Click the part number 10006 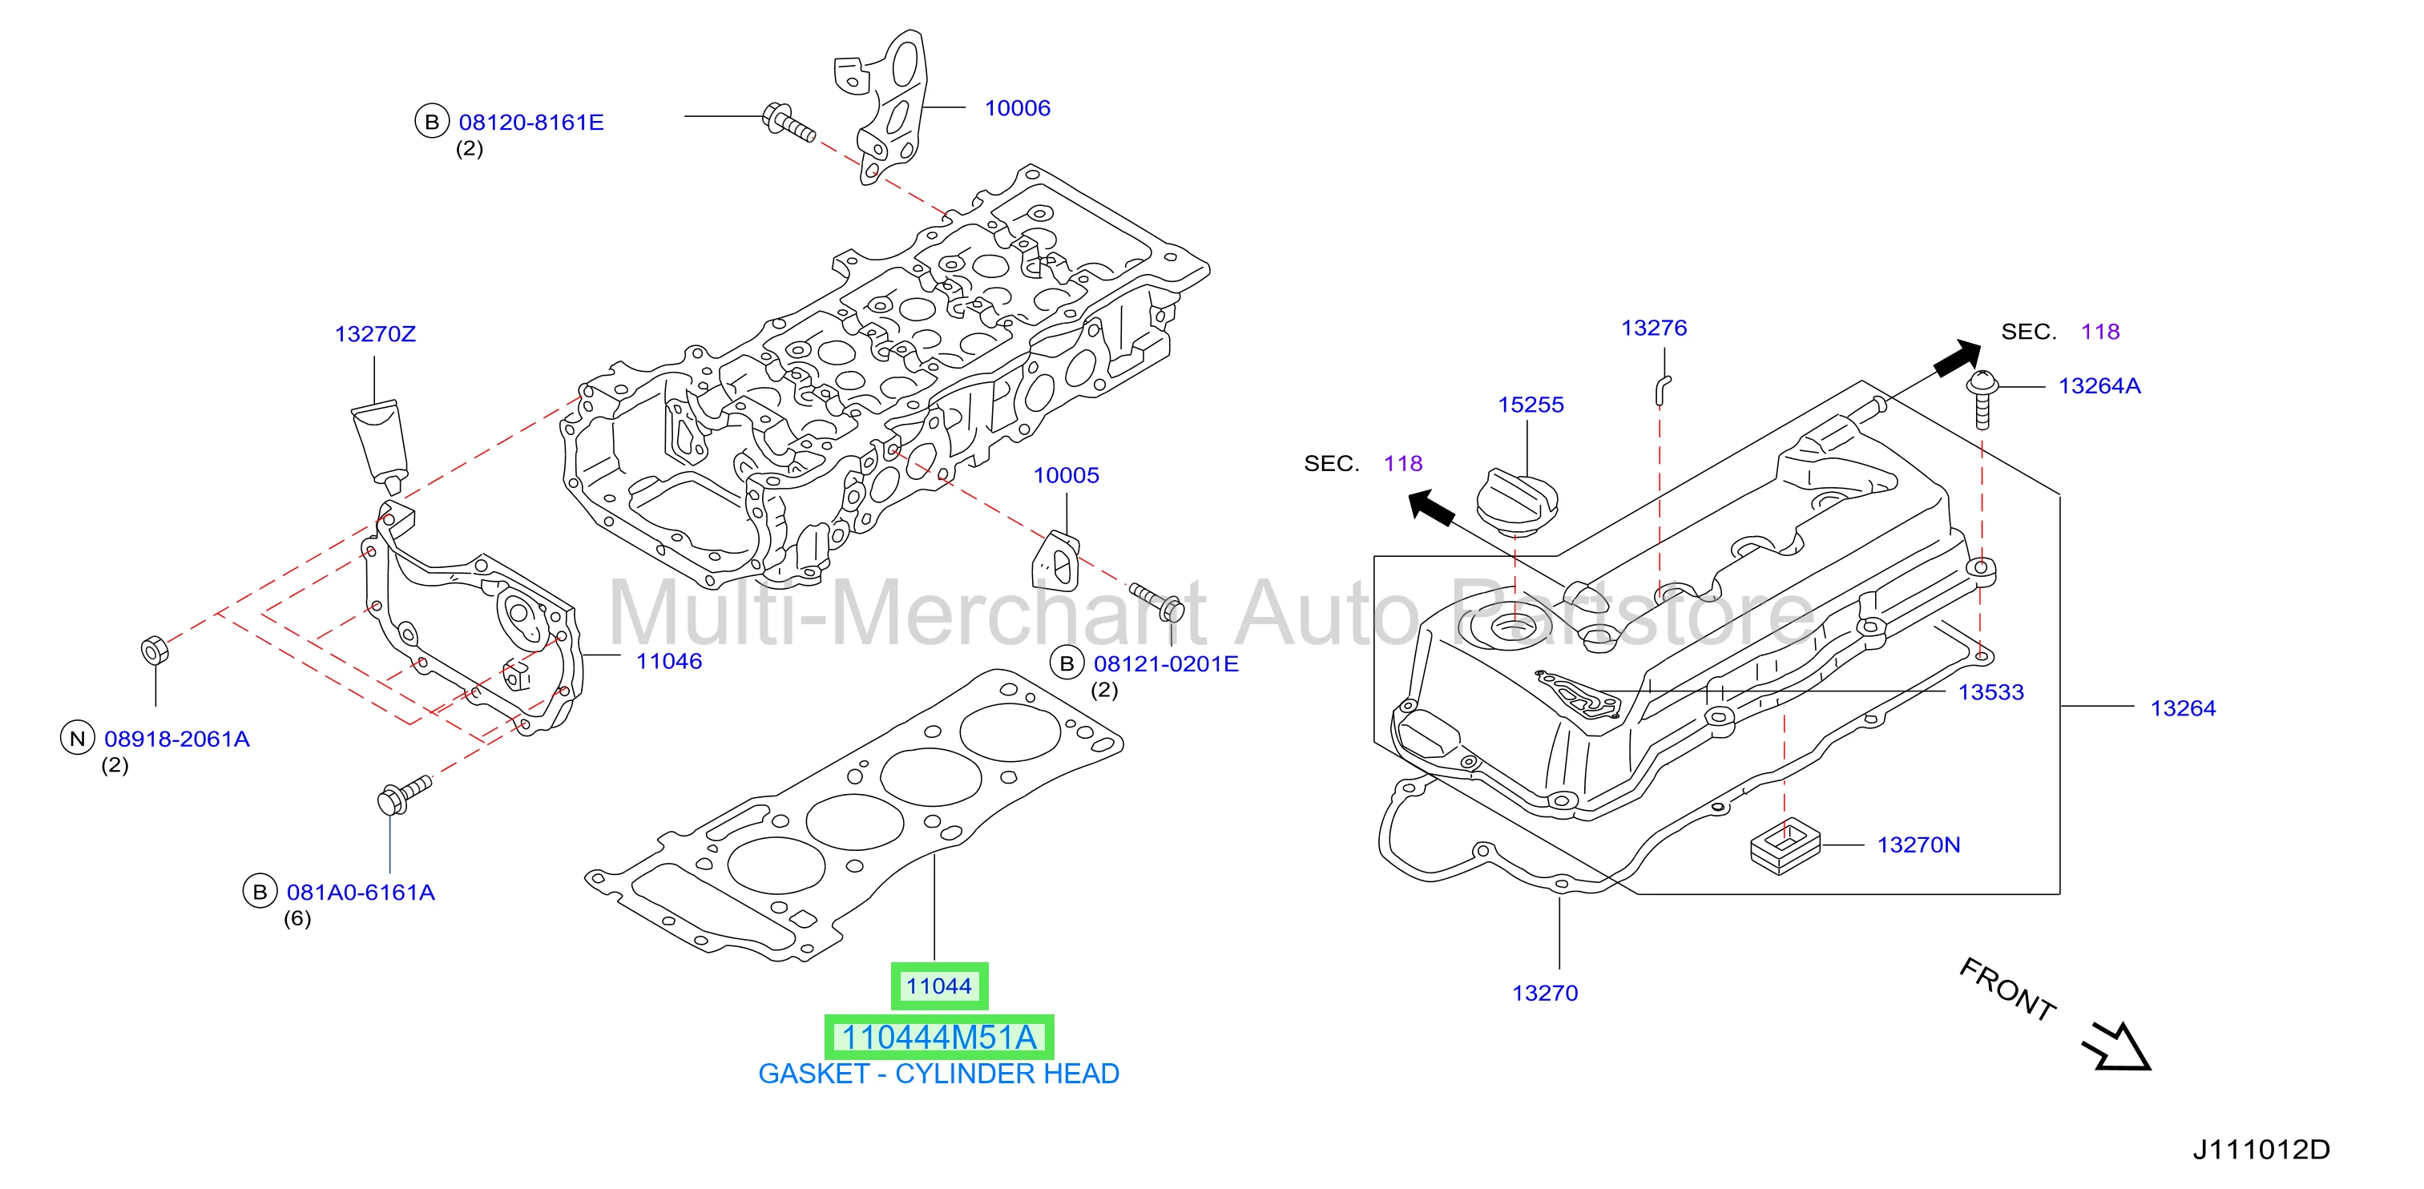tap(1017, 108)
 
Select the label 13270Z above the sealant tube tap(374, 334)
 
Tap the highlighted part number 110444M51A tap(939, 1038)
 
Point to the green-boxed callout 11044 tap(939, 985)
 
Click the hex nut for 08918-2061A tap(155, 649)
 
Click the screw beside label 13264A tap(1982, 399)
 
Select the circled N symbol tap(77, 739)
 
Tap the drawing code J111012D tap(2261, 1150)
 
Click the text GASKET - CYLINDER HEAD tap(939, 1074)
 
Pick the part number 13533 tap(1991, 692)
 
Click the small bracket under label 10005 tap(1056, 561)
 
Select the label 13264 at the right tap(2183, 708)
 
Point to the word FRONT tap(2008, 988)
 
